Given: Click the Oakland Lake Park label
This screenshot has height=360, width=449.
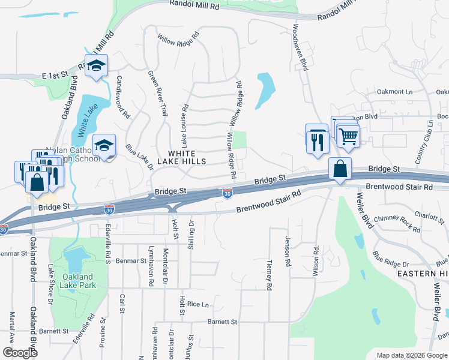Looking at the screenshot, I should [78, 281].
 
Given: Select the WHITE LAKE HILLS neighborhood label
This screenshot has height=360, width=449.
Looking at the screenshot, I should [182, 157].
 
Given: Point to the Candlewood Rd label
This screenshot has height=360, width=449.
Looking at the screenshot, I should [122, 96].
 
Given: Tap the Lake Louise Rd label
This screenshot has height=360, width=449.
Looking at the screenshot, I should [185, 126].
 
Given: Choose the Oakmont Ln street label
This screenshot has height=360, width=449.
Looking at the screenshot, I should [395, 92].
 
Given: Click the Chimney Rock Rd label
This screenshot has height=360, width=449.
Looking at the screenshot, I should [396, 223].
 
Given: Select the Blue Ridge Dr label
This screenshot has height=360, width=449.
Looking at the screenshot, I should [390, 260].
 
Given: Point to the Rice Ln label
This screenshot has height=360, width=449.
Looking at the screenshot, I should [197, 304].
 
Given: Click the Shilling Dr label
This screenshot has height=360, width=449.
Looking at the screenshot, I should [191, 231].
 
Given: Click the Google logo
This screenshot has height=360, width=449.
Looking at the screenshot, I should [20, 353].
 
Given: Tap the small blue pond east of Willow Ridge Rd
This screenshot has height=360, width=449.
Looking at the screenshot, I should [265, 90].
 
